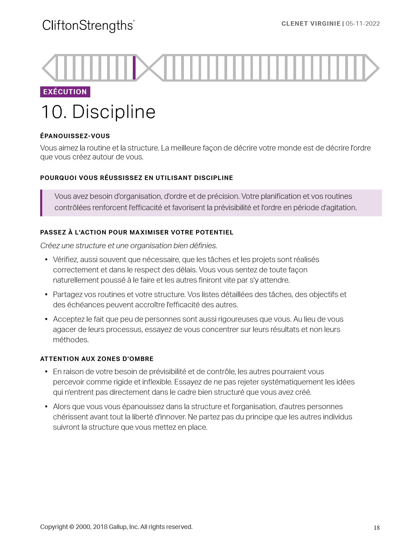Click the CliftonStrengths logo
point(88,26)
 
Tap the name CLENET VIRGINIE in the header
point(311,24)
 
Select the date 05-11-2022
point(363,24)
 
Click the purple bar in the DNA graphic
point(134,68)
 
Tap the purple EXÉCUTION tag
point(65,92)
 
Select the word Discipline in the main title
point(114,112)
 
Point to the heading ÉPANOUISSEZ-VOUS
point(75,136)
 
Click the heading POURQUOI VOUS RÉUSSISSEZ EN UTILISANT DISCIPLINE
point(137,178)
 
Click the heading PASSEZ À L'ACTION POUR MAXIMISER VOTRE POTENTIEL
point(137,232)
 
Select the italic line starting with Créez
point(129,246)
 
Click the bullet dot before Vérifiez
point(46,260)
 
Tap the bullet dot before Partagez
point(46,295)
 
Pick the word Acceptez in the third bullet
point(69,319)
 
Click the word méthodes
point(71,340)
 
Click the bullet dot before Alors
point(46,407)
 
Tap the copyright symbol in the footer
point(72,527)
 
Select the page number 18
point(376,528)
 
